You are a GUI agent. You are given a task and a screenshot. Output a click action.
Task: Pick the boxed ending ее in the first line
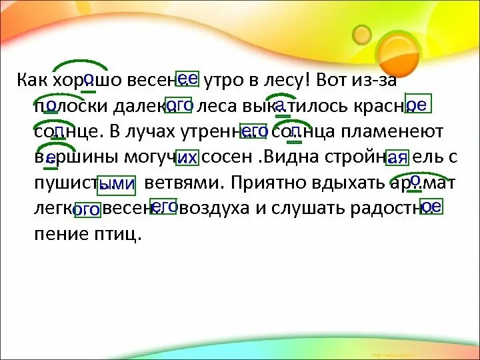[x=187, y=79]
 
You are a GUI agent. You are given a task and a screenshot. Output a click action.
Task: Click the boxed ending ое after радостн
[x=431, y=207]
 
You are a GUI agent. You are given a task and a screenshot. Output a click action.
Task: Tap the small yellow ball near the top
[x=361, y=33]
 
